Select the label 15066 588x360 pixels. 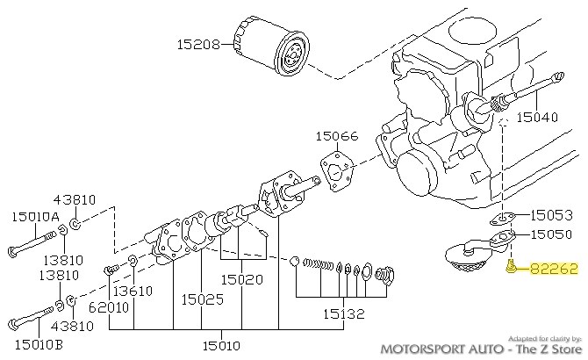click(x=338, y=137)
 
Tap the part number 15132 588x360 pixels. click(x=341, y=312)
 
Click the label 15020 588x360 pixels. click(x=241, y=279)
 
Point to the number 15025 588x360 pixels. click(x=203, y=299)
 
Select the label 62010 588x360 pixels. click(x=108, y=307)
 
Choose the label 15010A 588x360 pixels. click(x=35, y=215)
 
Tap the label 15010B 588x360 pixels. click(x=35, y=343)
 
